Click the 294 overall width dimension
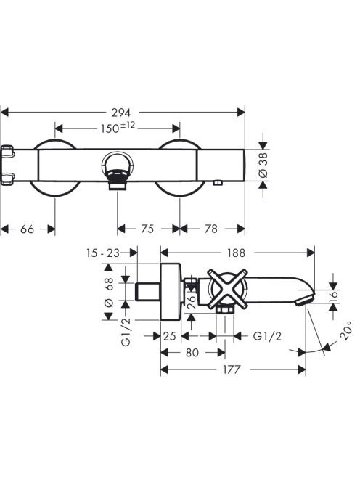click(x=120, y=113)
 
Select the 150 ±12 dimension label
click(x=118, y=128)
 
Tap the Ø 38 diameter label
click(x=263, y=165)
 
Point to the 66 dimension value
click(x=27, y=229)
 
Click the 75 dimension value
click(x=147, y=229)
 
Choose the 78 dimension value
click(x=211, y=229)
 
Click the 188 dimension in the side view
click(x=236, y=253)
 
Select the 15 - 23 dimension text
click(x=102, y=253)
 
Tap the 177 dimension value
click(x=232, y=369)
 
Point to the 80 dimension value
click(x=192, y=353)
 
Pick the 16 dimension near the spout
click(x=334, y=295)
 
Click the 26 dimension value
click(x=191, y=302)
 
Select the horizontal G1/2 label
click(x=267, y=336)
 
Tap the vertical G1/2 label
click(x=126, y=332)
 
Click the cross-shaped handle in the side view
click(x=227, y=289)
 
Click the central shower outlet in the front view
click(x=118, y=171)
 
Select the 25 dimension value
click(x=170, y=336)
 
